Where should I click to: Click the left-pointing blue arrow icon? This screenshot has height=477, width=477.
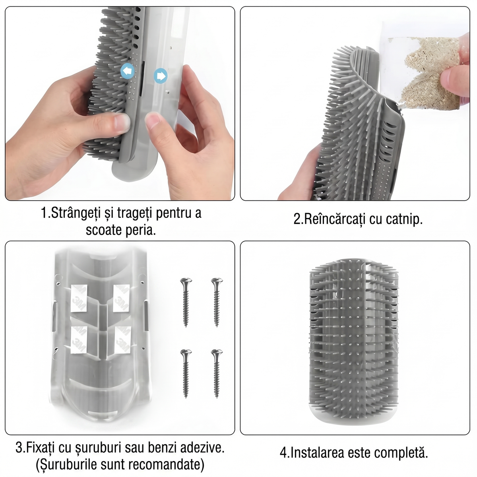pyautogui.click(x=128, y=71)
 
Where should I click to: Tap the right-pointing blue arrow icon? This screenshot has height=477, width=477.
pyautogui.click(x=161, y=76)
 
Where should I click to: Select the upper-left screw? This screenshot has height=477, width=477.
pyautogui.click(x=186, y=302)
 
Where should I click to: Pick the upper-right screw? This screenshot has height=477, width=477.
pyautogui.click(x=217, y=302)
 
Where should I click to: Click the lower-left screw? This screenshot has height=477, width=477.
pyautogui.click(x=186, y=374)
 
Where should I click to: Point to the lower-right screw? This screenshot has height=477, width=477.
pyautogui.click(x=217, y=374)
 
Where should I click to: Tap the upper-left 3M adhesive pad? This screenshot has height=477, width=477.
pyautogui.click(x=79, y=298)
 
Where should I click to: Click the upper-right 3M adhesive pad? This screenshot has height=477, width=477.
pyautogui.click(x=121, y=298)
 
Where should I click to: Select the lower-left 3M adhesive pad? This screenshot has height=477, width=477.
pyautogui.click(x=79, y=340)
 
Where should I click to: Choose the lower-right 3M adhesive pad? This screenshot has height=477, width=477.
pyautogui.click(x=122, y=340)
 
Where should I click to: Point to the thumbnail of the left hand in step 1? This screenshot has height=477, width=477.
pyautogui.click(x=122, y=122)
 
